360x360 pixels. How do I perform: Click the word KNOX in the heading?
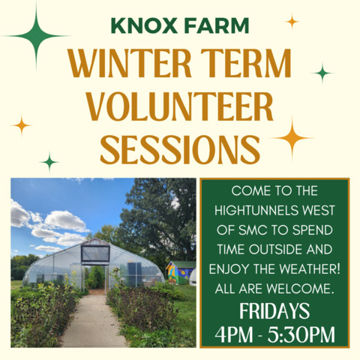click(144, 25)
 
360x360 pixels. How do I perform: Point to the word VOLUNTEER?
click(180, 106)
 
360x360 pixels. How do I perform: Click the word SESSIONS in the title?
click(180, 150)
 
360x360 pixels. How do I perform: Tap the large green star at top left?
click(37, 37)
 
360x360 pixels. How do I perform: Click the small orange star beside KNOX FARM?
click(292, 22)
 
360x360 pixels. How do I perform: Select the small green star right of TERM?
click(322, 73)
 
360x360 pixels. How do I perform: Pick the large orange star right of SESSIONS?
click(292, 138)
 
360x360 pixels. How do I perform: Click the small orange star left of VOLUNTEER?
click(22, 125)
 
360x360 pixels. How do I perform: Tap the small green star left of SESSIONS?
click(49, 162)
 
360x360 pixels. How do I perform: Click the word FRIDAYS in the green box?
click(274, 311)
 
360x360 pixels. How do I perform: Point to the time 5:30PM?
click(301, 334)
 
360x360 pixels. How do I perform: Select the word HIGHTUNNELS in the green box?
click(256, 211)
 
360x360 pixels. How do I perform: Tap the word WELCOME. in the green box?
click(300, 289)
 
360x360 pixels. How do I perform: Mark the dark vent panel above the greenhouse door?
click(95, 253)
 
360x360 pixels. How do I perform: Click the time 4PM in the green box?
click(234, 334)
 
